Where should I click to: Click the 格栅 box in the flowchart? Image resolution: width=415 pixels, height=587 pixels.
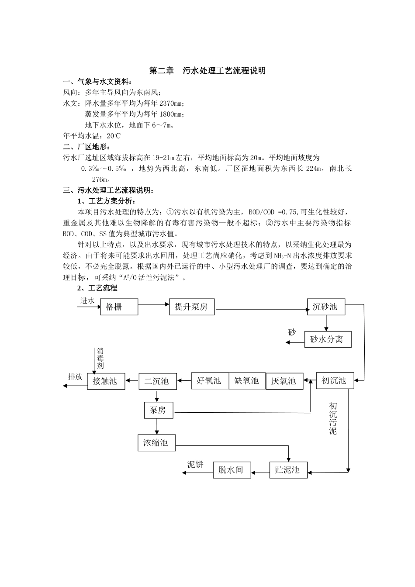(119, 307)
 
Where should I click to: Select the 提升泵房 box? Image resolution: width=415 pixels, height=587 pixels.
(193, 307)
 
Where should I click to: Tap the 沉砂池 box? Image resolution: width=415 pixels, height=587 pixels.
(326, 307)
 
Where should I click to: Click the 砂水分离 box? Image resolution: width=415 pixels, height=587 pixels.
(328, 339)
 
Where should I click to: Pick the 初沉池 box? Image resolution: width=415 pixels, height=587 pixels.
(335, 380)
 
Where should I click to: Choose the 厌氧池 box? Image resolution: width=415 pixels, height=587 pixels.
(284, 381)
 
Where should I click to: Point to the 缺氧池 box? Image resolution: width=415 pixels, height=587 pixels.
(247, 381)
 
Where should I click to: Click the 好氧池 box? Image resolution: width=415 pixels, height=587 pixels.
(210, 381)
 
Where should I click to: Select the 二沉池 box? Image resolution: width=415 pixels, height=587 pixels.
(157, 381)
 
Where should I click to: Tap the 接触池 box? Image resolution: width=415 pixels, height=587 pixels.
(106, 381)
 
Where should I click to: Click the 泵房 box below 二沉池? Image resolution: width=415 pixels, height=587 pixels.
(158, 410)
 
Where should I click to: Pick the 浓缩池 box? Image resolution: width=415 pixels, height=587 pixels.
(156, 442)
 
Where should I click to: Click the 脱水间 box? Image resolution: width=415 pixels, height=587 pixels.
(232, 470)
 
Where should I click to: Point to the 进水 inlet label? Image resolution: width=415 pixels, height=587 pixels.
(87, 301)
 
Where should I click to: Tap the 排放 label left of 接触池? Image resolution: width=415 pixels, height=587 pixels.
(75, 376)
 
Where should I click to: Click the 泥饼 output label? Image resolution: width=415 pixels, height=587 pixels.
(195, 464)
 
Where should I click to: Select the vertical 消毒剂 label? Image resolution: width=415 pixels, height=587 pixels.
(100, 359)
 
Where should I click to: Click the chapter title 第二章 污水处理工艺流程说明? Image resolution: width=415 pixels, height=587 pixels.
(207, 70)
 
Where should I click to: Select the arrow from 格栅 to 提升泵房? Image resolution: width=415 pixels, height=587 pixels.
(153, 304)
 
